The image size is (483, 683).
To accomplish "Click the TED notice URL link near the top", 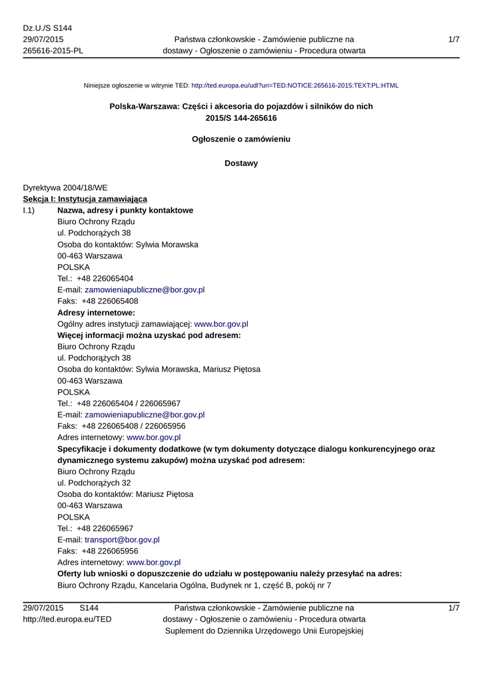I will point(294,86).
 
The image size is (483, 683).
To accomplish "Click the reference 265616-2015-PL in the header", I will point(53,51).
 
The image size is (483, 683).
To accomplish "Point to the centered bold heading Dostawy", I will point(241,163).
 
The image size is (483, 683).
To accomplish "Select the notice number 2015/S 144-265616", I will point(241,118).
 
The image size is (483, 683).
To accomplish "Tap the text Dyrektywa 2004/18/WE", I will point(65,187).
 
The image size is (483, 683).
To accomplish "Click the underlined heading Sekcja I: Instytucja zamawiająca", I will point(85,199).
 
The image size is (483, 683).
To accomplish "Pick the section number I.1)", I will point(30,210).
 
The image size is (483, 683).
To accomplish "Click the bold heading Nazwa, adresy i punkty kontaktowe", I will point(125,210).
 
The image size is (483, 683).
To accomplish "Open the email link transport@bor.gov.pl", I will point(122,540).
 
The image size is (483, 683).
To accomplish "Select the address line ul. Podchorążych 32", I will point(94,482).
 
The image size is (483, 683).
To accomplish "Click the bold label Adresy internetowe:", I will point(96,312).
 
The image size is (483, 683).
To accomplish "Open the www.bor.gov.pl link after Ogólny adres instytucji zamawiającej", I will point(221,323).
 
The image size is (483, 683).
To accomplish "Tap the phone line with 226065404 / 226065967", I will point(119,403).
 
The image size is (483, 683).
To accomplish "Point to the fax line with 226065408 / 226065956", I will point(121,426).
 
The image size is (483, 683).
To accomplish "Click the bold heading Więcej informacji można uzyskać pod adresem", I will point(149,335).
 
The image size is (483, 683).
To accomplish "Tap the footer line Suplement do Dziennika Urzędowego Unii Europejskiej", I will point(264,630).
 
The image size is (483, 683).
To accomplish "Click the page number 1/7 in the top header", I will point(454,39).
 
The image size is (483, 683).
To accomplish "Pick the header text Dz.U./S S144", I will point(47,28).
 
